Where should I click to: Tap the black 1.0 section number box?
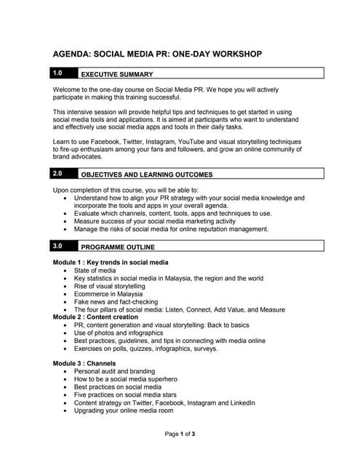click(62, 73)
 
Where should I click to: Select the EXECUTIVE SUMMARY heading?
click(116, 74)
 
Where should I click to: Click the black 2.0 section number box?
click(62, 173)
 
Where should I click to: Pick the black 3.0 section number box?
click(62, 246)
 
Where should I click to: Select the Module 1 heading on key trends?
click(111, 262)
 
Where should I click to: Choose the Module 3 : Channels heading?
click(84, 363)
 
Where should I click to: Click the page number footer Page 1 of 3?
click(180, 434)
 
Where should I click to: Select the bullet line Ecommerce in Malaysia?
click(108, 294)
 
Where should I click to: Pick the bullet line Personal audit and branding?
click(114, 371)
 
